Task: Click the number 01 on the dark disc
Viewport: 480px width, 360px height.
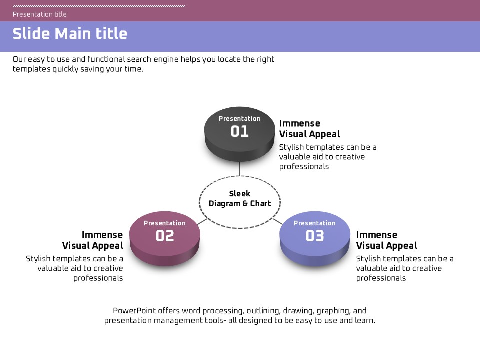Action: click(x=240, y=131)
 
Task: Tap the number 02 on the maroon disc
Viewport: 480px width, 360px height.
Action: click(x=165, y=236)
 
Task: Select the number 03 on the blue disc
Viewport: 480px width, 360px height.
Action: click(x=315, y=236)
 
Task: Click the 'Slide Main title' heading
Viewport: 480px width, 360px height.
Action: click(x=70, y=34)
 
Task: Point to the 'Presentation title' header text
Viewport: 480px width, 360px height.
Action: click(x=40, y=14)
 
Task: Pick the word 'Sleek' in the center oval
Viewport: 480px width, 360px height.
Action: click(x=240, y=194)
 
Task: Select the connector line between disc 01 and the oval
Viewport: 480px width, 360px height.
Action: click(x=240, y=168)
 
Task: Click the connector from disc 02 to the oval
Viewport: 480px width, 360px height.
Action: click(x=202, y=221)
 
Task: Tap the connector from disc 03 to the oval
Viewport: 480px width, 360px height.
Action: click(x=278, y=221)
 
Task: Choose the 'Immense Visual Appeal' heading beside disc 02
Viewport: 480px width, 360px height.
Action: click(x=92, y=240)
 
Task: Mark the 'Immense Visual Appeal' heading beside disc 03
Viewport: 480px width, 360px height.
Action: click(x=386, y=240)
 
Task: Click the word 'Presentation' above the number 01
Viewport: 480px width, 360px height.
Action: click(x=240, y=119)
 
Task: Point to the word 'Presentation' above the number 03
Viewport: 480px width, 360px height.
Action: click(x=315, y=223)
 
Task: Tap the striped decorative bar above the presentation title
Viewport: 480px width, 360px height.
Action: click(x=99, y=6)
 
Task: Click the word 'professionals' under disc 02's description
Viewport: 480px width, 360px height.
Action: click(x=98, y=278)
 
